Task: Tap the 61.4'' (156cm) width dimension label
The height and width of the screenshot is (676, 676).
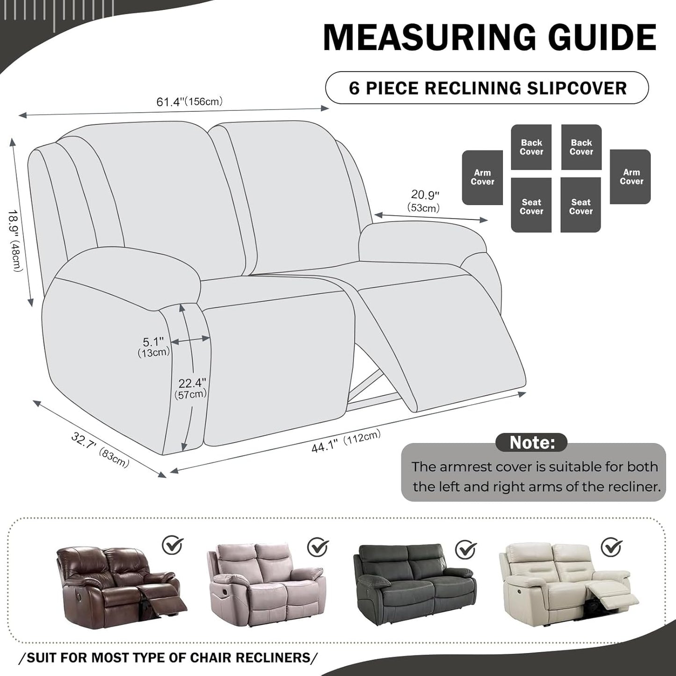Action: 189,102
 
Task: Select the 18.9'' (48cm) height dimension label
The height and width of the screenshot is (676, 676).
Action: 15,240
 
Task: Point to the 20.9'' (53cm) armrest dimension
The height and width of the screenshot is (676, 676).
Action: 424,201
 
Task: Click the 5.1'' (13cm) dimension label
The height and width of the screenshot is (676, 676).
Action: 153,347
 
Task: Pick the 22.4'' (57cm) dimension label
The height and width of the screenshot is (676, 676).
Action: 191,388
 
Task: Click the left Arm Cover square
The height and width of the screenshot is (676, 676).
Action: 482,177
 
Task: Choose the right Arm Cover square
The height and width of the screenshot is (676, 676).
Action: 630,177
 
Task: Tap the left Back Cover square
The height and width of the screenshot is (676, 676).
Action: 531,147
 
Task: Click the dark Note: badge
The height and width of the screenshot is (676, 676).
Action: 531,442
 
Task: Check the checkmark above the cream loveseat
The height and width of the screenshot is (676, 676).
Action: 611,547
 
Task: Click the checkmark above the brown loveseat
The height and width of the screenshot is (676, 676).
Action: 173,545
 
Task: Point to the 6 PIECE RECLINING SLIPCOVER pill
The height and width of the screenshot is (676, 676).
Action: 487,88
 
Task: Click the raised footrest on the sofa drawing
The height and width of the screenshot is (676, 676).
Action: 449,346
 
